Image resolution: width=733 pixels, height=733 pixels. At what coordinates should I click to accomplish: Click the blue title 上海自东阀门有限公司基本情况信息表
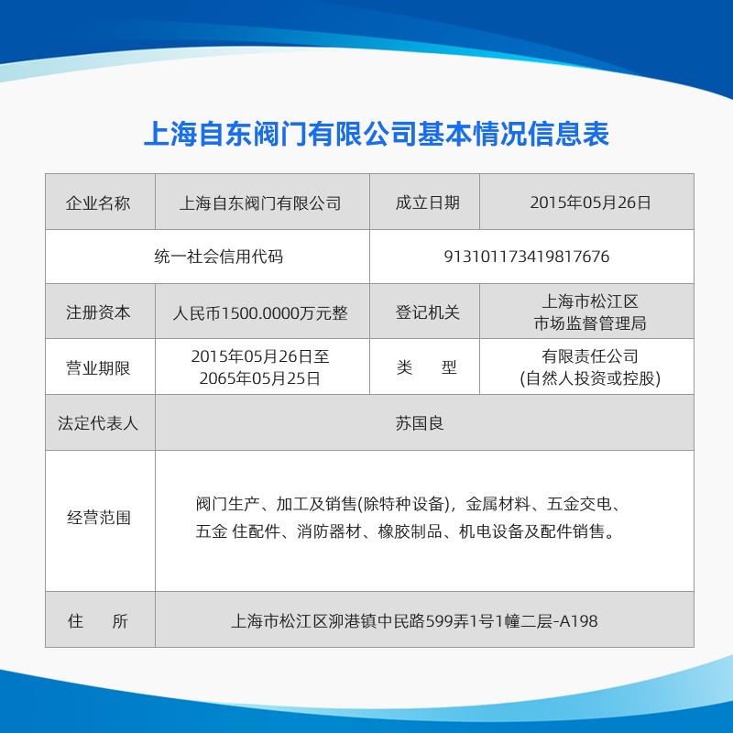coord(377,134)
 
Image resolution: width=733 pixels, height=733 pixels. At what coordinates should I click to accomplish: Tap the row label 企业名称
coord(98,203)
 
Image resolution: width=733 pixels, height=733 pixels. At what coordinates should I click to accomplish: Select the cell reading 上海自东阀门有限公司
coord(260,203)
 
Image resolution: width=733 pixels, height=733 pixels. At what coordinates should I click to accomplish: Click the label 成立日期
coord(428,202)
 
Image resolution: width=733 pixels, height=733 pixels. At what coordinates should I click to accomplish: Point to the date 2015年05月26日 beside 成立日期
coord(590,202)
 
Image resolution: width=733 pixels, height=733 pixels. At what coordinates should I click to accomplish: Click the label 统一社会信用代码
coord(219,257)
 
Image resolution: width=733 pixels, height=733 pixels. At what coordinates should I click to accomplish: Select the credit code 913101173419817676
coord(526,257)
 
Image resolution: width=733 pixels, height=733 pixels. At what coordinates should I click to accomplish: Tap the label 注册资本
coord(98,312)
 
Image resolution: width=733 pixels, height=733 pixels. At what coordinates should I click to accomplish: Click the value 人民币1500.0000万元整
coord(260,312)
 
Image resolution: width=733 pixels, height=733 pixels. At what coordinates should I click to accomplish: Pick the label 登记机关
coord(428,312)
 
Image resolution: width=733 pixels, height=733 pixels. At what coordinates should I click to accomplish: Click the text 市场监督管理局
coord(590,323)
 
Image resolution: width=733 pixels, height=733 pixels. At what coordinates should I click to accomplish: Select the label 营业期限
coord(98,368)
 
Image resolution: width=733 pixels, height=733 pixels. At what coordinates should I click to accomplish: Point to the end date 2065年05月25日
coord(260,378)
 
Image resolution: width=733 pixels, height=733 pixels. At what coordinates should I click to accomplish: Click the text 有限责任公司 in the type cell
coord(590,356)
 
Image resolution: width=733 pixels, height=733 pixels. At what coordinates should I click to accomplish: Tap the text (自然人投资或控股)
coord(590,378)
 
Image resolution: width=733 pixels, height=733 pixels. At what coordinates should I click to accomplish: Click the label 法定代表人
coord(98,423)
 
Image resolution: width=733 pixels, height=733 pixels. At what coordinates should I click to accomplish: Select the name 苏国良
coord(420,423)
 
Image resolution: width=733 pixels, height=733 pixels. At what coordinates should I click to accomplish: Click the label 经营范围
coord(99,518)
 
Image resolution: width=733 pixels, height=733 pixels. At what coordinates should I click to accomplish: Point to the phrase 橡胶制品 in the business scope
coord(410,531)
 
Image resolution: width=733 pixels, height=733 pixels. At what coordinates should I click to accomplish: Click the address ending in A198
coord(414,621)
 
